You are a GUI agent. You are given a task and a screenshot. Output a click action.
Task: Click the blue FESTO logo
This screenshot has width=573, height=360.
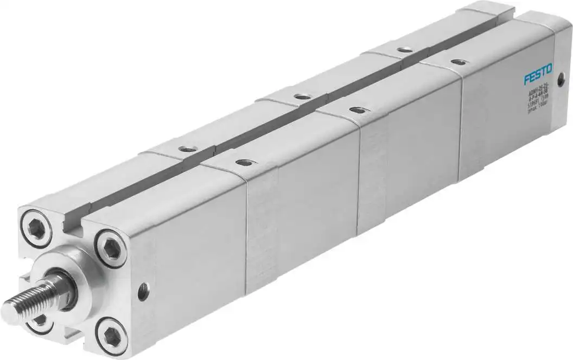[538, 74]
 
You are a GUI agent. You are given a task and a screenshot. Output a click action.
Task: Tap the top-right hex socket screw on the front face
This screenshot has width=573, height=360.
[112, 247]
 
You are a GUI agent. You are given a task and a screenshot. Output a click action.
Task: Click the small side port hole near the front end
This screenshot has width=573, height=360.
[143, 292]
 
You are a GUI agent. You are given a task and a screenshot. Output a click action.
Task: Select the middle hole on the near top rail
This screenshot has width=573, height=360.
[356, 110]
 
